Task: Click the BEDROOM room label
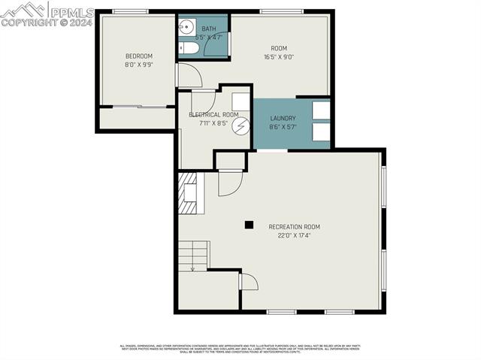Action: pos(139,56)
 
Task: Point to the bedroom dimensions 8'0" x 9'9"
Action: pos(139,65)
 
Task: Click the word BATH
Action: pos(208,29)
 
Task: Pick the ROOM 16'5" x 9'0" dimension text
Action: pos(279,56)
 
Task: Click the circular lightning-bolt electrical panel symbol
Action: pos(240,126)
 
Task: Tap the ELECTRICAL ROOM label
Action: pos(213,115)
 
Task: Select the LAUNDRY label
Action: pos(283,119)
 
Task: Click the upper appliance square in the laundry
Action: pos(321,110)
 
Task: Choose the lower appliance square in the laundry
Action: pos(321,132)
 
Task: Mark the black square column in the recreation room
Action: pos(249,224)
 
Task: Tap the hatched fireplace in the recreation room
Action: pos(186,193)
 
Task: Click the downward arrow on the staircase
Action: pos(192,267)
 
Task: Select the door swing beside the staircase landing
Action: pos(248,282)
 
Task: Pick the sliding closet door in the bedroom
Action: pos(138,107)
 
